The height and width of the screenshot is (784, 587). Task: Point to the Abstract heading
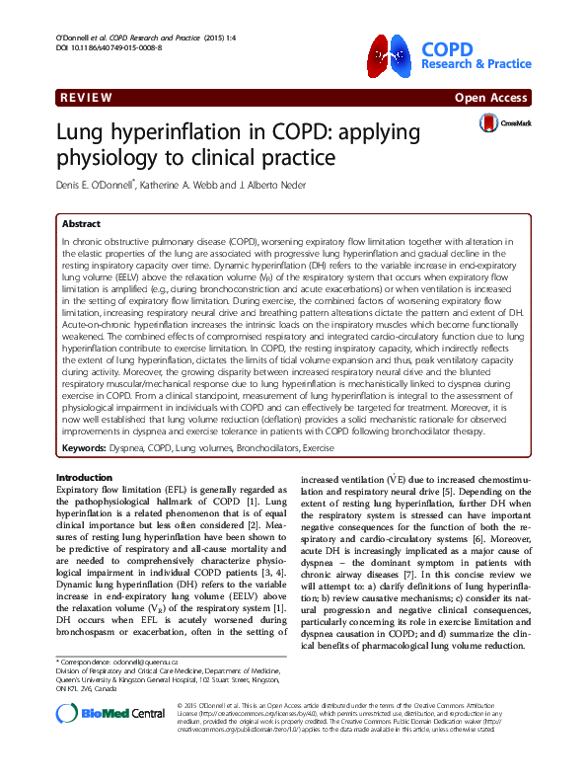pos(81,224)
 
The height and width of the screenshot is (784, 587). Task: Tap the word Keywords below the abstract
pos(87,421)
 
